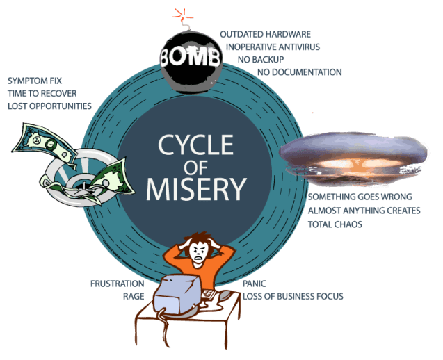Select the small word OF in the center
(191, 167)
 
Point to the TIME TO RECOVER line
(42, 93)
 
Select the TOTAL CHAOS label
(336, 225)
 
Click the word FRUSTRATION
(118, 284)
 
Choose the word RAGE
(133, 296)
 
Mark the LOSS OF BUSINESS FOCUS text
(293, 297)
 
